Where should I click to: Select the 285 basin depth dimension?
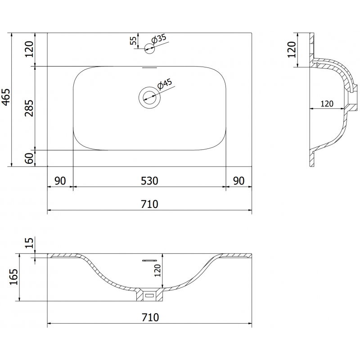click(x=29, y=108)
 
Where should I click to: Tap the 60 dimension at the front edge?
click(x=29, y=158)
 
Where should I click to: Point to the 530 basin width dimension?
click(x=149, y=181)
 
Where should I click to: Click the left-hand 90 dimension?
click(x=60, y=181)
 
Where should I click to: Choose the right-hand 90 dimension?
click(x=238, y=181)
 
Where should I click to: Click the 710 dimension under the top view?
click(x=149, y=204)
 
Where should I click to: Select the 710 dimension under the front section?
click(x=149, y=317)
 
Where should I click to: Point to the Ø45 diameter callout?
click(x=164, y=84)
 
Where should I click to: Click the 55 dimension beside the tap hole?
click(x=133, y=40)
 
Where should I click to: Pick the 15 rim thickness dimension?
click(x=29, y=243)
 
